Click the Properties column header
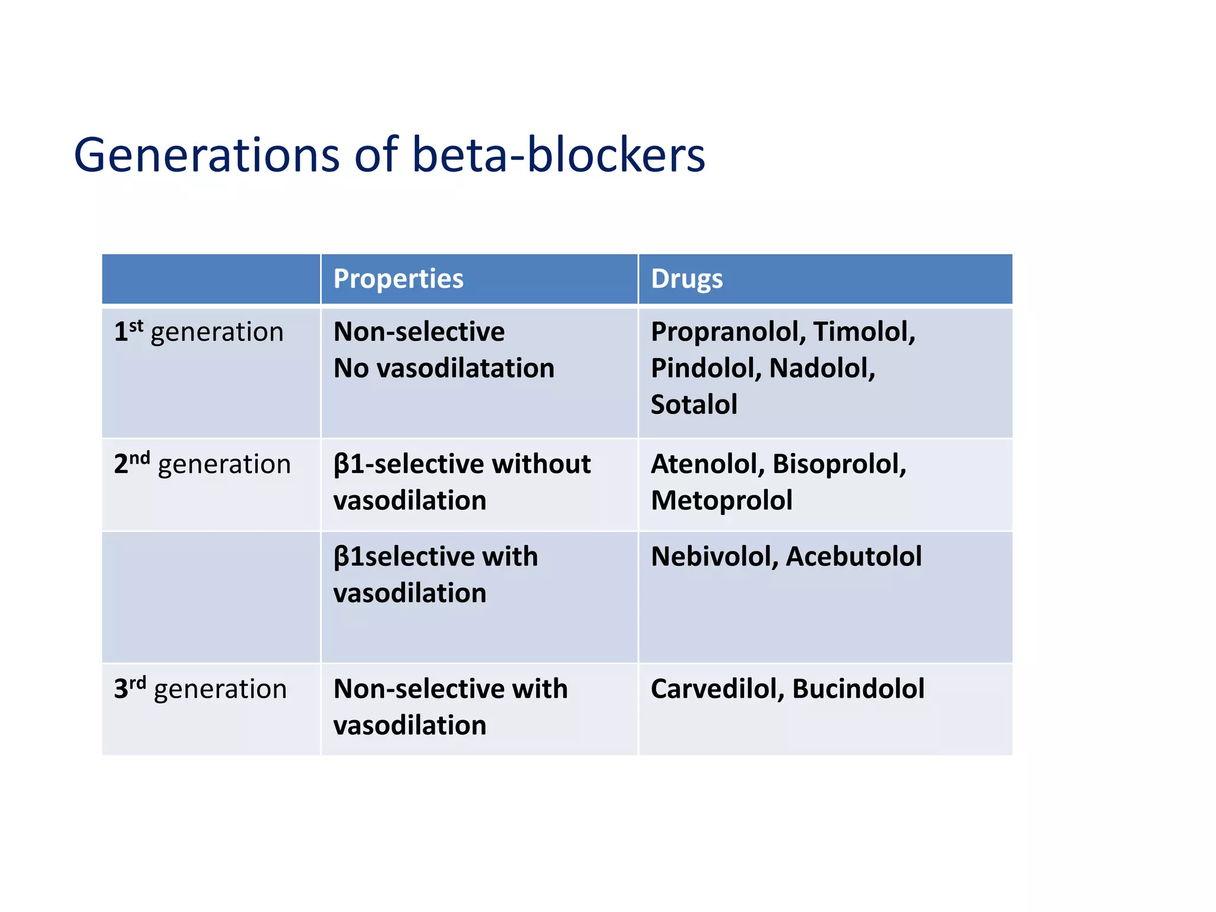tap(398, 279)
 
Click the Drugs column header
tap(686, 279)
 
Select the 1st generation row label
tap(198, 332)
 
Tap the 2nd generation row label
tap(202, 464)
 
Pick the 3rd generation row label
tap(200, 689)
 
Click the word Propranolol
tap(727, 332)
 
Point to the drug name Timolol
tap(863, 332)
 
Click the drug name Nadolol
tap(821, 368)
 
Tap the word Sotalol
tap(693, 405)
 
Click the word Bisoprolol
tap(839, 464)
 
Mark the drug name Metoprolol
tap(721, 501)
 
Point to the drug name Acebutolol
tap(853, 557)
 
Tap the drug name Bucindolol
tap(858, 689)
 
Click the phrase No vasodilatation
tap(444, 368)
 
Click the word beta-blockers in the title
tap(558, 156)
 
